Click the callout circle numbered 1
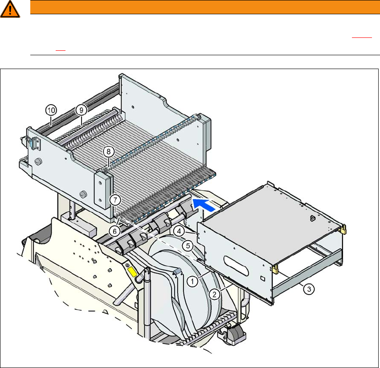(192, 282)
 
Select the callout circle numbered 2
(214, 294)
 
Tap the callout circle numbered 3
(309, 289)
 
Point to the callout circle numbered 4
(179, 231)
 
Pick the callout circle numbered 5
(188, 246)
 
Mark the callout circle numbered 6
(114, 231)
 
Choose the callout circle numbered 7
(115, 200)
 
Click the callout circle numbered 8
(109, 152)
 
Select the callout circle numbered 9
(81, 110)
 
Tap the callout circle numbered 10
(51, 110)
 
